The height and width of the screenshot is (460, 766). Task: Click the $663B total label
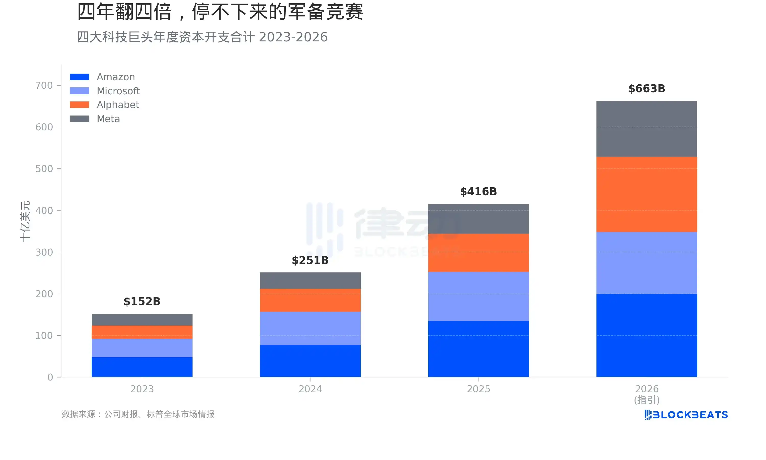pyautogui.click(x=647, y=89)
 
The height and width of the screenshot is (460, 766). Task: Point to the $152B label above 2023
pyautogui.click(x=142, y=301)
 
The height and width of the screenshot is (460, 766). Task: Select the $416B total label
pyautogui.click(x=478, y=192)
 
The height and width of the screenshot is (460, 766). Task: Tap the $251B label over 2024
pyautogui.click(x=310, y=260)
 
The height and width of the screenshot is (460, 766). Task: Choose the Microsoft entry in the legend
pyautogui.click(x=118, y=91)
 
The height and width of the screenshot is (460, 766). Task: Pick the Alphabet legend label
pyautogui.click(x=118, y=105)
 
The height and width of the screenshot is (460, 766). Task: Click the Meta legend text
pyautogui.click(x=108, y=119)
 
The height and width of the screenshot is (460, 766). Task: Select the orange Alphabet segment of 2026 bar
pyautogui.click(x=647, y=194)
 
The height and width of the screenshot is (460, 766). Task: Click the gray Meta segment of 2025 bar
pyautogui.click(x=478, y=218)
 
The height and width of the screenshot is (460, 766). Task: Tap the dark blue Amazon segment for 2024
pyautogui.click(x=310, y=361)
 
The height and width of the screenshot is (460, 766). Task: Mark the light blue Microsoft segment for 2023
pyautogui.click(x=142, y=348)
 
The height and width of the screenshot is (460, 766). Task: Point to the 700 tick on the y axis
pyautogui.click(x=44, y=85)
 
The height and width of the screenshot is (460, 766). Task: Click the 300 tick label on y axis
pyautogui.click(x=44, y=252)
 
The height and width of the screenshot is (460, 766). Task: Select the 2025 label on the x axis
pyautogui.click(x=478, y=389)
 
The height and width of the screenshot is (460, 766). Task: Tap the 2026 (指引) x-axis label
pyautogui.click(x=647, y=394)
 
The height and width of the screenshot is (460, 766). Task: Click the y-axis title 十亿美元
pyautogui.click(x=25, y=221)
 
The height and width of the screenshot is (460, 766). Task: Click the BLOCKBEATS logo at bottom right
pyautogui.click(x=686, y=415)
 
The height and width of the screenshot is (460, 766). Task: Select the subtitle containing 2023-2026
pyautogui.click(x=202, y=37)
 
